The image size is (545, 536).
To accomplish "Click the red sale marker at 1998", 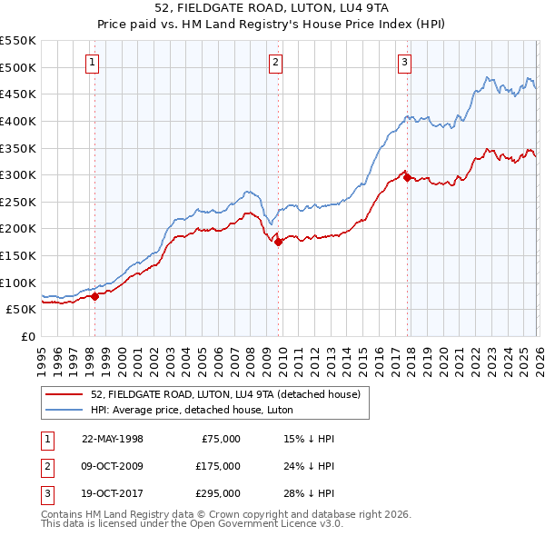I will [94, 296].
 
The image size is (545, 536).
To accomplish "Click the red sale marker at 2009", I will [278, 242].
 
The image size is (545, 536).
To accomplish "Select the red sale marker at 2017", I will [407, 177].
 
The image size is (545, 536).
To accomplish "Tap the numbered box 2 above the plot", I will [275, 63].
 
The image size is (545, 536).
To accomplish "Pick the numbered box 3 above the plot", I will [404, 63].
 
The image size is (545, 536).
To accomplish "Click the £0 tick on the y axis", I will [28, 336].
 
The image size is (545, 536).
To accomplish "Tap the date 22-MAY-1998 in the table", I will [113, 439].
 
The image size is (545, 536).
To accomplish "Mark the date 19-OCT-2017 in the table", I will [113, 493].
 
